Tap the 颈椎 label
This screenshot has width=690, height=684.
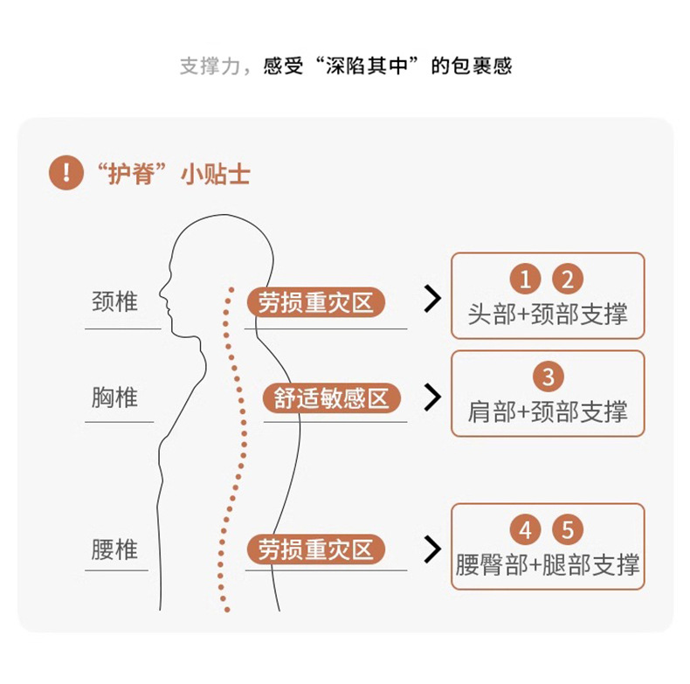115,302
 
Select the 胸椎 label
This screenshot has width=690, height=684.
115,397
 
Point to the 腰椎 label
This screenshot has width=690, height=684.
115,549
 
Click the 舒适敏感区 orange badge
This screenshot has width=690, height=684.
331,398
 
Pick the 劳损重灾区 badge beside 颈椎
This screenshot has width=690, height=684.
316,303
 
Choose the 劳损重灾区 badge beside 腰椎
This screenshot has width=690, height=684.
316,549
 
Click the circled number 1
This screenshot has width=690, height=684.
526,280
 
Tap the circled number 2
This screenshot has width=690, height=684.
568,280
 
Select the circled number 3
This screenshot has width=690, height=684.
548,377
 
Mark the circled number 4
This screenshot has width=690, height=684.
526,530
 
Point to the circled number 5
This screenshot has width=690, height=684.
568,530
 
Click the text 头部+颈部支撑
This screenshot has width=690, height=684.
548,314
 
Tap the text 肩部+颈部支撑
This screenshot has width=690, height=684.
548,411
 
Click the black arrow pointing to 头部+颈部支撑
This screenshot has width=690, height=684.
431,299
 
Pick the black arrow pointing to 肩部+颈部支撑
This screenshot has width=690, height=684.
431,397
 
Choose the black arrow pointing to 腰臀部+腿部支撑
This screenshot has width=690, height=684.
431,549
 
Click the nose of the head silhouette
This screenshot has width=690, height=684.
164,302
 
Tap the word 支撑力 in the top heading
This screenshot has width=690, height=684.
210,66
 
